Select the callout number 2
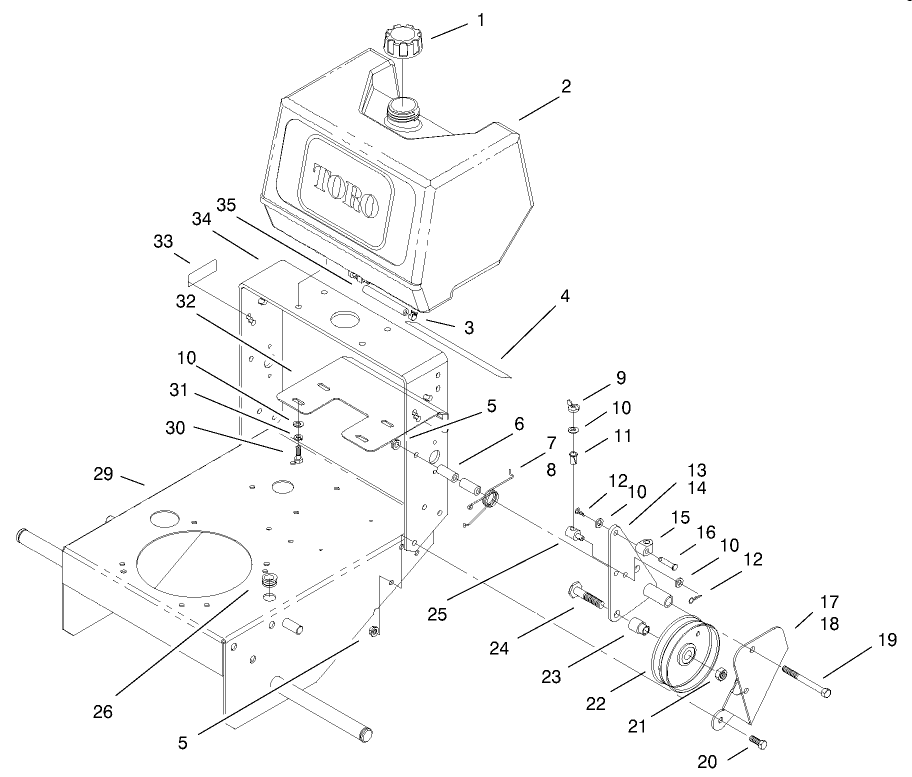pos(565,87)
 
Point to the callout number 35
pos(225,206)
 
